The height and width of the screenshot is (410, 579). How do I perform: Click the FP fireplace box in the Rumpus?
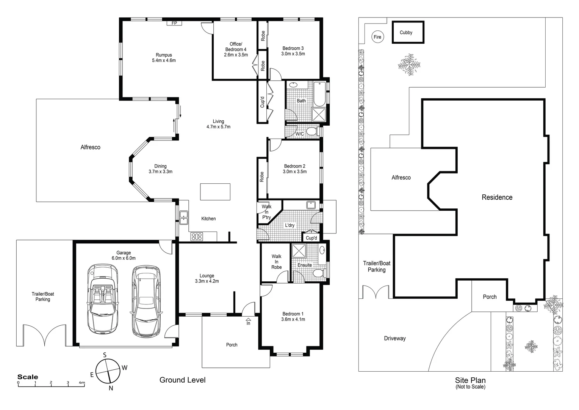tap(174, 23)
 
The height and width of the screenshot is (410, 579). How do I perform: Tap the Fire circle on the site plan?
tap(377, 37)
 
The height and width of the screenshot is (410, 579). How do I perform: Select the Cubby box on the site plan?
tap(408, 32)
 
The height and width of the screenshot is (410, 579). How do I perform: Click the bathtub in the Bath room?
tap(320, 94)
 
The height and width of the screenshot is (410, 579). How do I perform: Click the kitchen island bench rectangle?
tap(215, 192)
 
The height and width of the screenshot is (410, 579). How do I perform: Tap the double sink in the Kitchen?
tap(184, 218)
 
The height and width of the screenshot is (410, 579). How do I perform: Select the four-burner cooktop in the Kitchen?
tap(196, 237)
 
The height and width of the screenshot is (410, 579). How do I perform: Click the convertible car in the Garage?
tap(103, 299)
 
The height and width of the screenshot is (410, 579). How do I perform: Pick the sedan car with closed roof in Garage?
tap(146, 301)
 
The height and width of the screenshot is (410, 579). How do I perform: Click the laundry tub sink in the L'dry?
tap(311, 205)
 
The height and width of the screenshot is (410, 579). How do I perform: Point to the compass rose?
tap(108, 371)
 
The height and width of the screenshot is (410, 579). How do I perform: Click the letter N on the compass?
tap(111, 388)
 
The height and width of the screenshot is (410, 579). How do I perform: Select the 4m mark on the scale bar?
tap(82, 382)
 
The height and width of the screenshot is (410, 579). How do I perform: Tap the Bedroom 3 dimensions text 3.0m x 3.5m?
tap(293, 54)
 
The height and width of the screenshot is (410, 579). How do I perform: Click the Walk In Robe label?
tap(276, 262)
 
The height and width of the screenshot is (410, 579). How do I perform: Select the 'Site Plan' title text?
tap(470, 380)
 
